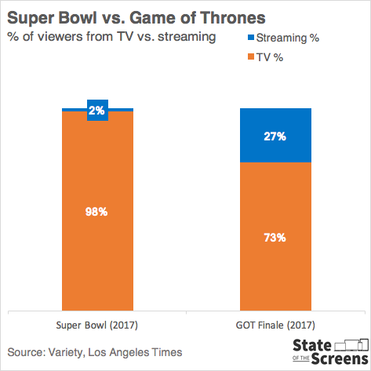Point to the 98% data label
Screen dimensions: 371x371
coord(97,213)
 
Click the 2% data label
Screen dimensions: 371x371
coord(97,111)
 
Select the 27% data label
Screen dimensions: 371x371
coord(275,136)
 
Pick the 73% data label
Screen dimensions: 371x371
coord(275,237)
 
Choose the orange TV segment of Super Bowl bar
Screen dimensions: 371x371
coord(97,259)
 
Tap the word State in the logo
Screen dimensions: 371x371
coord(311,344)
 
